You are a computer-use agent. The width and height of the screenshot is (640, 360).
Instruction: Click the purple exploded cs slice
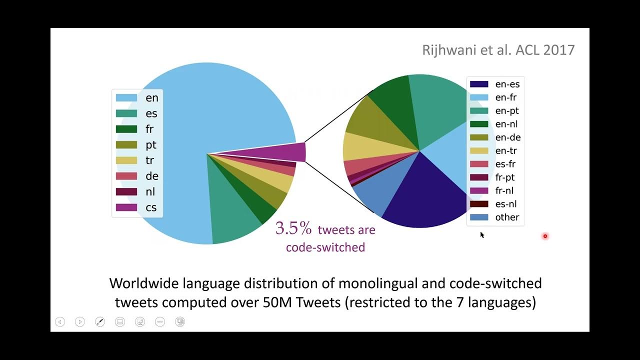click(290, 152)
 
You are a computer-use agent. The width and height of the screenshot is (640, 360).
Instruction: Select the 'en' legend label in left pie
click(151, 98)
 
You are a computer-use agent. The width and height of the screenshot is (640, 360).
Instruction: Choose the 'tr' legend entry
click(149, 160)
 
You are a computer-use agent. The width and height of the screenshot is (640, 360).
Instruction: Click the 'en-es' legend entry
click(507, 84)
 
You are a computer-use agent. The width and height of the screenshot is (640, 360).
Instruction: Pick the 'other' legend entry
click(507, 217)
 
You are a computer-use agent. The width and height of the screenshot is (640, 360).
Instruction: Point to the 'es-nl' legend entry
click(505, 203)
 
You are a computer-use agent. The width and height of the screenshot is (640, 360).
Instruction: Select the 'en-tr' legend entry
click(505, 150)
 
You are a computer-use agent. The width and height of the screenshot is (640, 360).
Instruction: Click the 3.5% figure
click(293, 228)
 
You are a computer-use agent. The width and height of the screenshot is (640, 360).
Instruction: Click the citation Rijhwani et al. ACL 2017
click(498, 50)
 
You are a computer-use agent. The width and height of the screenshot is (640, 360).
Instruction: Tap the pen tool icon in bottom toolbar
click(100, 322)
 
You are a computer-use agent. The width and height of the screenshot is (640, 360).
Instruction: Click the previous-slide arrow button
click(60, 322)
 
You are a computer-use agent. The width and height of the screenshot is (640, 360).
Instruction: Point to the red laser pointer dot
click(545, 236)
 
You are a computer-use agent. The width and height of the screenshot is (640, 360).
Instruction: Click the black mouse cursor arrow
click(482, 234)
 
